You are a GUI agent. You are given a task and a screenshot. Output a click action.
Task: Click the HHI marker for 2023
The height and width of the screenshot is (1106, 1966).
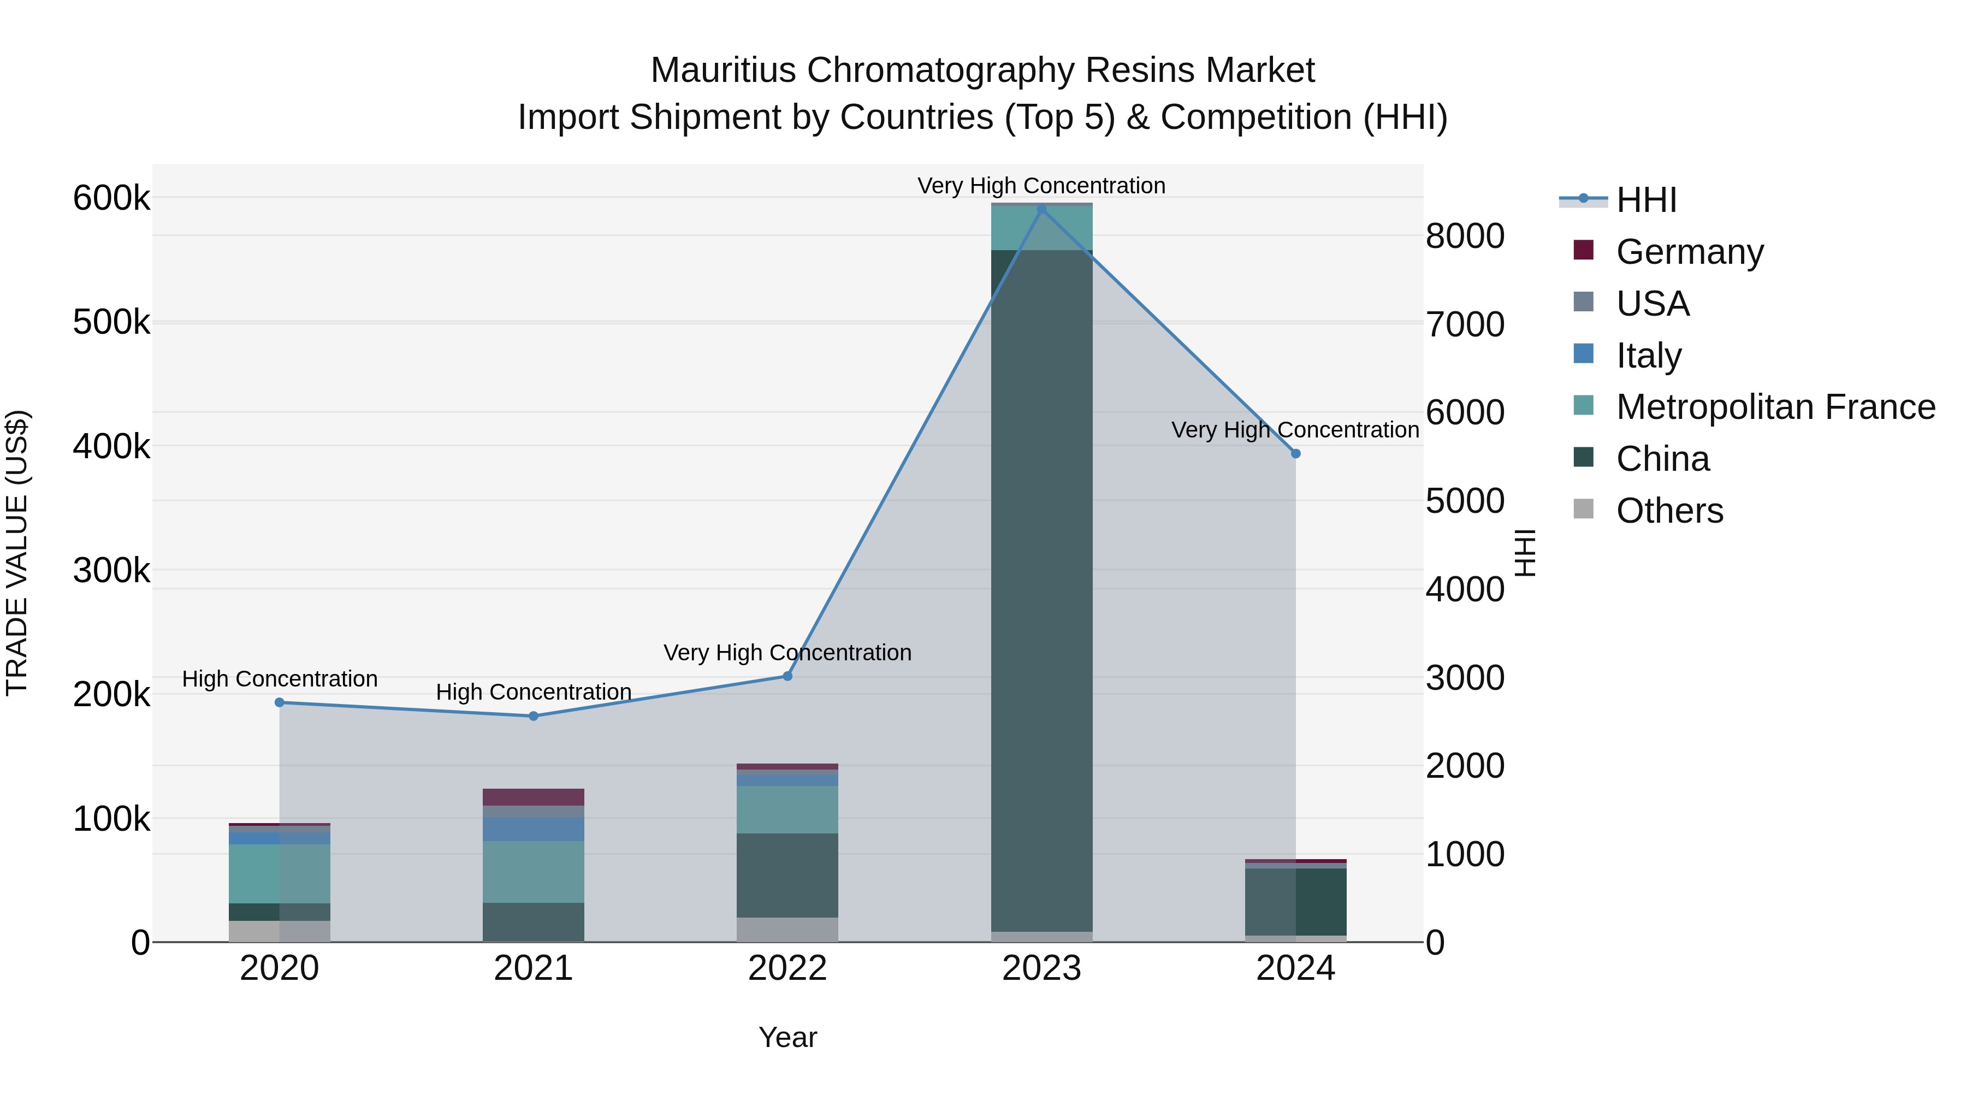coord(1042,209)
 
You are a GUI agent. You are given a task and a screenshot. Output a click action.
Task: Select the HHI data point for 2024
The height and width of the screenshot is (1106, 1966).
coord(1295,453)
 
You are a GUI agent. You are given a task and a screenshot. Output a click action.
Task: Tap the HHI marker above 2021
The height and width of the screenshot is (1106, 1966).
coord(534,716)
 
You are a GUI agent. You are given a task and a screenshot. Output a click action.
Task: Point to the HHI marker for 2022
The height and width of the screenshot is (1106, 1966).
coord(787,676)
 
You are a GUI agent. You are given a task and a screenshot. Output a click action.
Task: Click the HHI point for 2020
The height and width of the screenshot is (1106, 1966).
coord(279,702)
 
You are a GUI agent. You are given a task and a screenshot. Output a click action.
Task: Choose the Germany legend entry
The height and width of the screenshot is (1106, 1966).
coord(1689,252)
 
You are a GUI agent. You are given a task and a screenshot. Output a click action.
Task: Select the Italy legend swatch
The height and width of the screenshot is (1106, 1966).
coord(1584,354)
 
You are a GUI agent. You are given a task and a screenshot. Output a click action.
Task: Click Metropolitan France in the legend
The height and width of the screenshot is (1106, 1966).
coord(1775,407)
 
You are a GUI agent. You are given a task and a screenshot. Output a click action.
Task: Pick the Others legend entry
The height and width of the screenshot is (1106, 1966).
coord(1669,511)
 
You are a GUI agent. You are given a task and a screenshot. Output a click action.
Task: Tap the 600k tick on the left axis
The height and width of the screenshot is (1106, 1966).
coord(111,198)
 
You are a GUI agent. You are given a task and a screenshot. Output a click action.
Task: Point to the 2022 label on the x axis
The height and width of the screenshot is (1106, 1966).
coord(787,968)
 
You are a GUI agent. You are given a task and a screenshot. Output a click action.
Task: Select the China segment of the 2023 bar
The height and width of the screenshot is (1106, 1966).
coord(1042,588)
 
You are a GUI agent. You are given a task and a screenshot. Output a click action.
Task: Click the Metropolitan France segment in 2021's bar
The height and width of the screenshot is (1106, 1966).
coord(534,872)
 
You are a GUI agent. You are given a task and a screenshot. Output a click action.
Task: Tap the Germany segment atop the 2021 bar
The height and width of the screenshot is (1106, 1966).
coord(534,797)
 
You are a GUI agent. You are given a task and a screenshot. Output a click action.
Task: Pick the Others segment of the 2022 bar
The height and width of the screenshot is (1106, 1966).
coord(787,929)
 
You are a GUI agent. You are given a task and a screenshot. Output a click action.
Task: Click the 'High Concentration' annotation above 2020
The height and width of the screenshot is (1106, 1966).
coord(279,678)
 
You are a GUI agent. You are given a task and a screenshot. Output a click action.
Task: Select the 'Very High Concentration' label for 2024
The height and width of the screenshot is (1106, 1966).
coord(1295,430)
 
